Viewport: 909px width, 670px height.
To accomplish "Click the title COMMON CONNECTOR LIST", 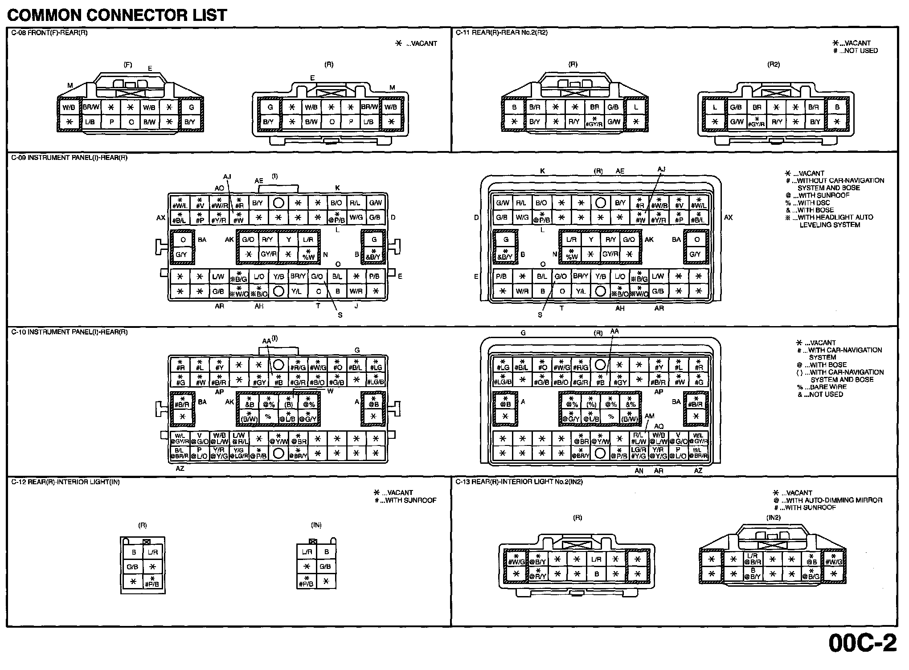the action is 117,16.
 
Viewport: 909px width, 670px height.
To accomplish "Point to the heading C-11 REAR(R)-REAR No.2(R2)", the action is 502,33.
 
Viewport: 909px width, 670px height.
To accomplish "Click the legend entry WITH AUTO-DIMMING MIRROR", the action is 831,500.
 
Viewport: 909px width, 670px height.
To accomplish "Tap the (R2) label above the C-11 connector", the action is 774,65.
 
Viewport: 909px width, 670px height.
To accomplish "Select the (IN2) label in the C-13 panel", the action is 774,518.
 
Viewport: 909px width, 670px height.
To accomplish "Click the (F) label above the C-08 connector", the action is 128,65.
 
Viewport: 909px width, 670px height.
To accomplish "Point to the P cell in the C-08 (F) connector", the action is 111,122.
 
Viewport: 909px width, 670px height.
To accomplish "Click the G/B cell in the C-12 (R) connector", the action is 133,567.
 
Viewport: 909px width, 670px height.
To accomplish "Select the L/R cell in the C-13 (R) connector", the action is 596,560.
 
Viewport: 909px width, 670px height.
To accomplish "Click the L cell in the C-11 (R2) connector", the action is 715,107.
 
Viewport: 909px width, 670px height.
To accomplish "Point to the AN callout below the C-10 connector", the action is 639,471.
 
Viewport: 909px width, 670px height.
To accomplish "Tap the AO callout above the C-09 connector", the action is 219,188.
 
